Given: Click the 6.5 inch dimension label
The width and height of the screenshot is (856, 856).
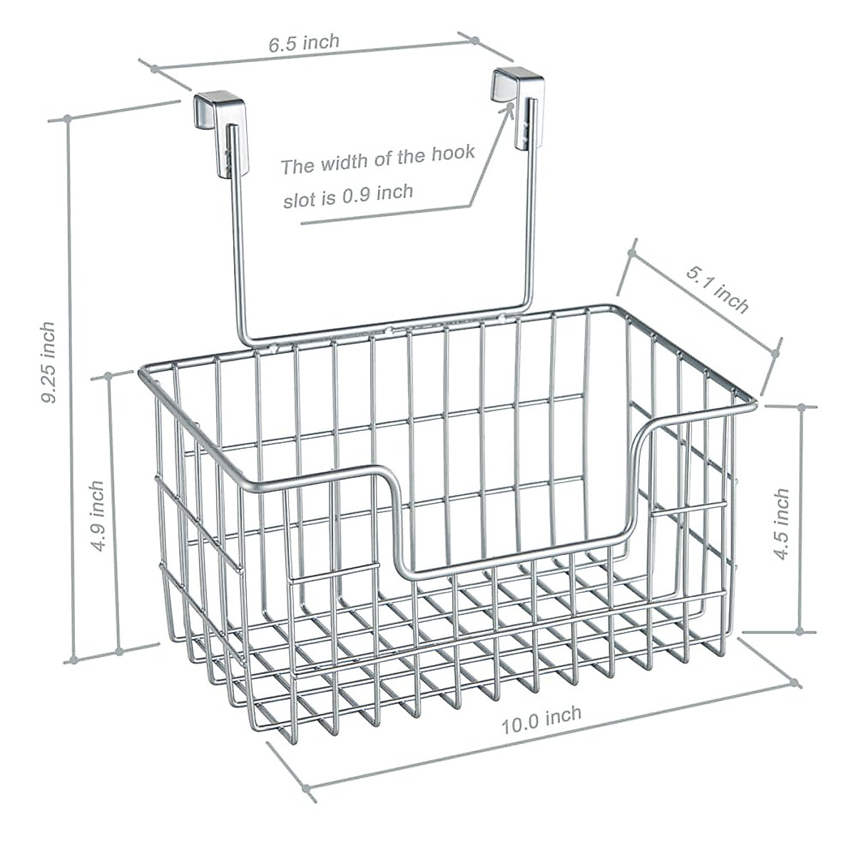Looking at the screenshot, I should pyautogui.click(x=305, y=43).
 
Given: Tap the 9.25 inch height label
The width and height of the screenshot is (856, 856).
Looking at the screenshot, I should pyautogui.click(x=48, y=362).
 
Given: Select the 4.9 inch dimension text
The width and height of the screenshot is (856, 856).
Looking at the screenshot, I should pyautogui.click(x=96, y=515).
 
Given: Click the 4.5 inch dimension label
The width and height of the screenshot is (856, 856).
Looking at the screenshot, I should pyautogui.click(x=783, y=523).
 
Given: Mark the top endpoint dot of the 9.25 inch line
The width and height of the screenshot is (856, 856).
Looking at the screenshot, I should pyautogui.click(x=68, y=118).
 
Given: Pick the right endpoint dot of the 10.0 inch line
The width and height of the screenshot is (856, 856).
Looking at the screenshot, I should pyautogui.click(x=795, y=683).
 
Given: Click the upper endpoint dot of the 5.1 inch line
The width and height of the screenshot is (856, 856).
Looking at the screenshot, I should pyautogui.click(x=631, y=253).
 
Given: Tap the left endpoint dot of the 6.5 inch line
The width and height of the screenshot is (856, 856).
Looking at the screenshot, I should pyautogui.click(x=153, y=68).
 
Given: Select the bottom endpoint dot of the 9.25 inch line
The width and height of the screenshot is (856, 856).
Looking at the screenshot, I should pyautogui.click(x=71, y=660).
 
